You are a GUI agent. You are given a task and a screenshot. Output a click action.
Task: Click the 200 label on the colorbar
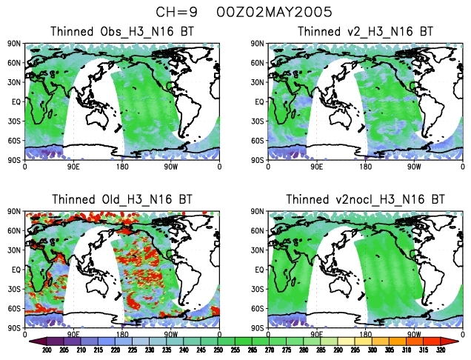pos(46,350)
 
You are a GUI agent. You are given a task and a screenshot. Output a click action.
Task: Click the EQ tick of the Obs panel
pos(16,101)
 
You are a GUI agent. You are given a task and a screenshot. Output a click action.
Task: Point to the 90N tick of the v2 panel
pos(261,44)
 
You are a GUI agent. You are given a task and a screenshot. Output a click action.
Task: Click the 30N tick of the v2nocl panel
pos(261,250)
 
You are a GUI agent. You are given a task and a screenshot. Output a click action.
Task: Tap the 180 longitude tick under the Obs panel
pos(123,167)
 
